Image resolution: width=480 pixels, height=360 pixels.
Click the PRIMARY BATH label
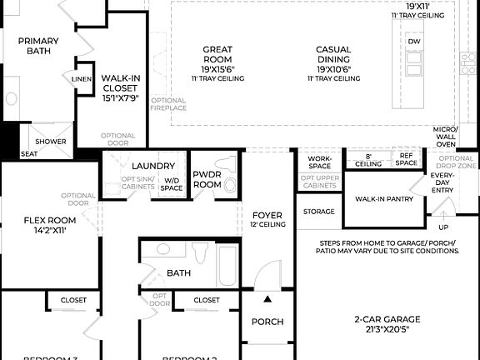pyautogui.click(x=38, y=46)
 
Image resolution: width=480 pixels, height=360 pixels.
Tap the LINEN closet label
pyautogui.click(x=82, y=79)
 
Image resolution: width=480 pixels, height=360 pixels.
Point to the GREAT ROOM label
pyautogui.click(x=217, y=54)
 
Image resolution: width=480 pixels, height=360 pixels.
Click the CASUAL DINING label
pyautogui.click(x=333, y=54)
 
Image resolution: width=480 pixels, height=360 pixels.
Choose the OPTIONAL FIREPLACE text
pyautogui.click(x=168, y=105)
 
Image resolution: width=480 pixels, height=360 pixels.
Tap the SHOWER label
pyautogui.click(x=50, y=142)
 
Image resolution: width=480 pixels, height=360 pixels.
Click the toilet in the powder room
pyautogui.click(x=230, y=185)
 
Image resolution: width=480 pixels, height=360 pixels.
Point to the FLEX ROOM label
pyautogui.click(x=50, y=225)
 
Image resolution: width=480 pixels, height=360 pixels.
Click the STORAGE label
pyautogui.click(x=318, y=212)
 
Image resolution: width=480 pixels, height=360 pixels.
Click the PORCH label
pyautogui.click(x=267, y=322)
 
